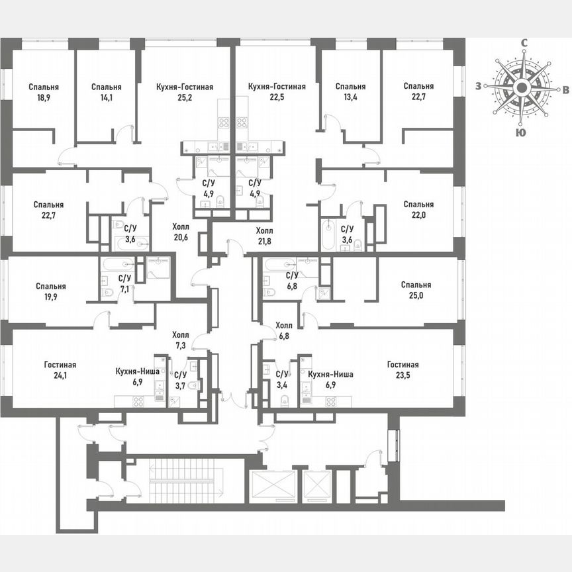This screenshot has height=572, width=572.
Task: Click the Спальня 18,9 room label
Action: click(x=44, y=93)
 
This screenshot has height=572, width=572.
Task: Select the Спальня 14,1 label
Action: click(x=106, y=93)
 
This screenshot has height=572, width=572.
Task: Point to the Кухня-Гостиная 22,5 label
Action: click(x=276, y=93)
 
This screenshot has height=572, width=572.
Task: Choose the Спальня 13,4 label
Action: click(x=350, y=93)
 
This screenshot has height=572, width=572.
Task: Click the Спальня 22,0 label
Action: click(x=418, y=210)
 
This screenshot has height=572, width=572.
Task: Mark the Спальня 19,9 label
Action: click(x=52, y=292)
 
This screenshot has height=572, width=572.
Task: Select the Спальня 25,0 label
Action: click(x=416, y=291)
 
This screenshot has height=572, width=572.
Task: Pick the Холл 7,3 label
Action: click(x=180, y=340)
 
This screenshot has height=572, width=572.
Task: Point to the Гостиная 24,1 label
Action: click(x=60, y=371)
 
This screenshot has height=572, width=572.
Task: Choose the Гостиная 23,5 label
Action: click(x=403, y=371)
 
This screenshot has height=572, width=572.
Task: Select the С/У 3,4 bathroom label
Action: click(x=282, y=379)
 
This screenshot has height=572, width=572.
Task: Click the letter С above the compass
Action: click(x=523, y=44)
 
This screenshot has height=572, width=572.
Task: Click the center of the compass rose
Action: click(x=522, y=87)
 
